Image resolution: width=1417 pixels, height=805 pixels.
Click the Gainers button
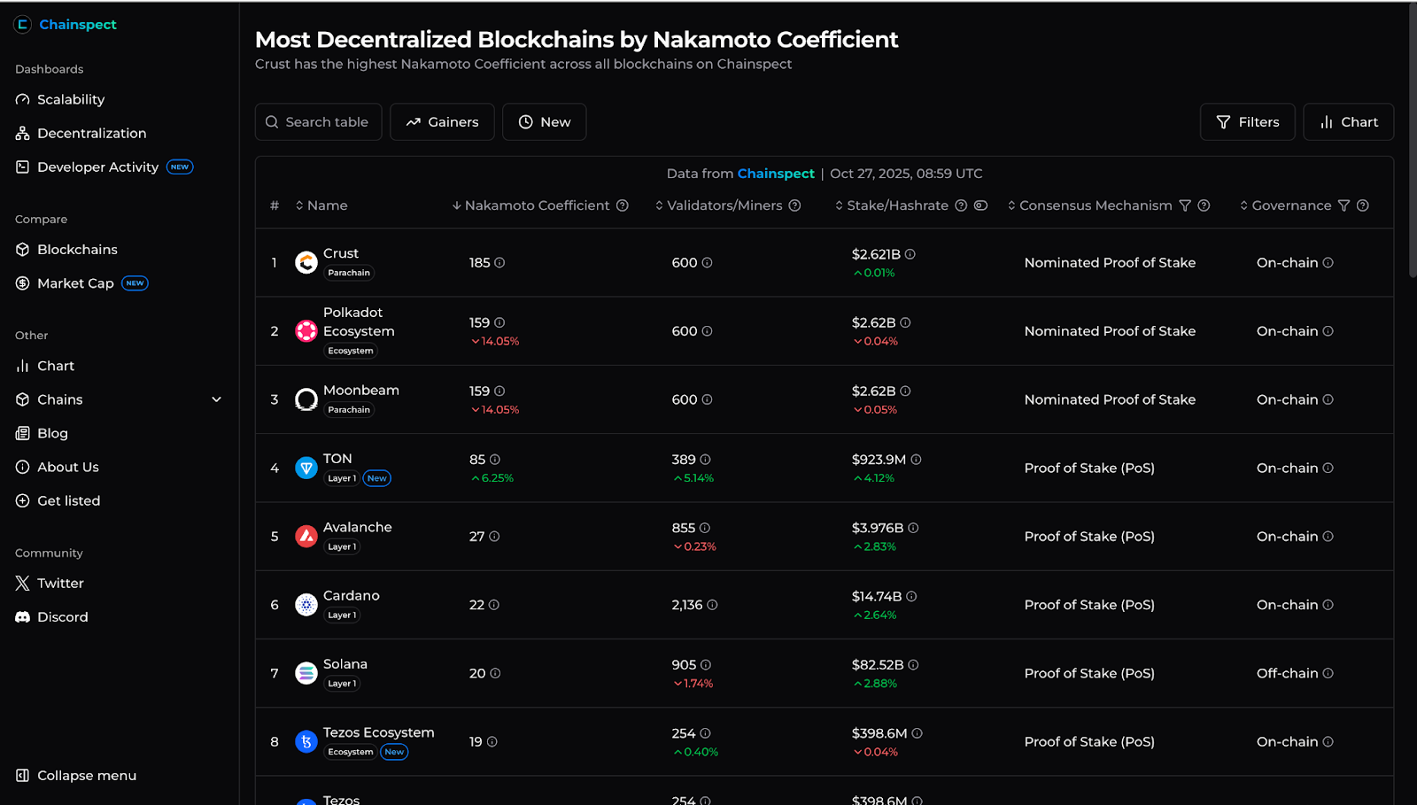(442, 122)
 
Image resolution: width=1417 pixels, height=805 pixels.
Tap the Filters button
(1248, 122)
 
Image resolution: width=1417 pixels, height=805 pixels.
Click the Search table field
(318, 122)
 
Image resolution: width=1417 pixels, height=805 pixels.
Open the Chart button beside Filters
(1349, 122)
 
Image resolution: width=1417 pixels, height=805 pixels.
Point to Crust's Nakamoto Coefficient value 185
(479, 262)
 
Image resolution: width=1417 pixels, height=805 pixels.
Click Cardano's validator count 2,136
(687, 605)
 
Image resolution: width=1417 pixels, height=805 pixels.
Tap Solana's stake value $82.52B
(878, 664)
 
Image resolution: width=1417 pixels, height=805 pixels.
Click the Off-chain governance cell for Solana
(1287, 673)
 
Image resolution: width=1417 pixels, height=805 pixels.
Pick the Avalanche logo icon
(306, 537)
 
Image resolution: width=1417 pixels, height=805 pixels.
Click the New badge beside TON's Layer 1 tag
(377, 478)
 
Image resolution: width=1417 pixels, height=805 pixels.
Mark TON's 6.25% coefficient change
(492, 478)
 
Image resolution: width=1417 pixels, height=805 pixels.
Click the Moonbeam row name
(361, 391)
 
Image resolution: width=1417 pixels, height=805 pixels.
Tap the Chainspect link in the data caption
(776, 174)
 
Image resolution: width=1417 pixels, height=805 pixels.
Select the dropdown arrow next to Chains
(216, 399)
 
